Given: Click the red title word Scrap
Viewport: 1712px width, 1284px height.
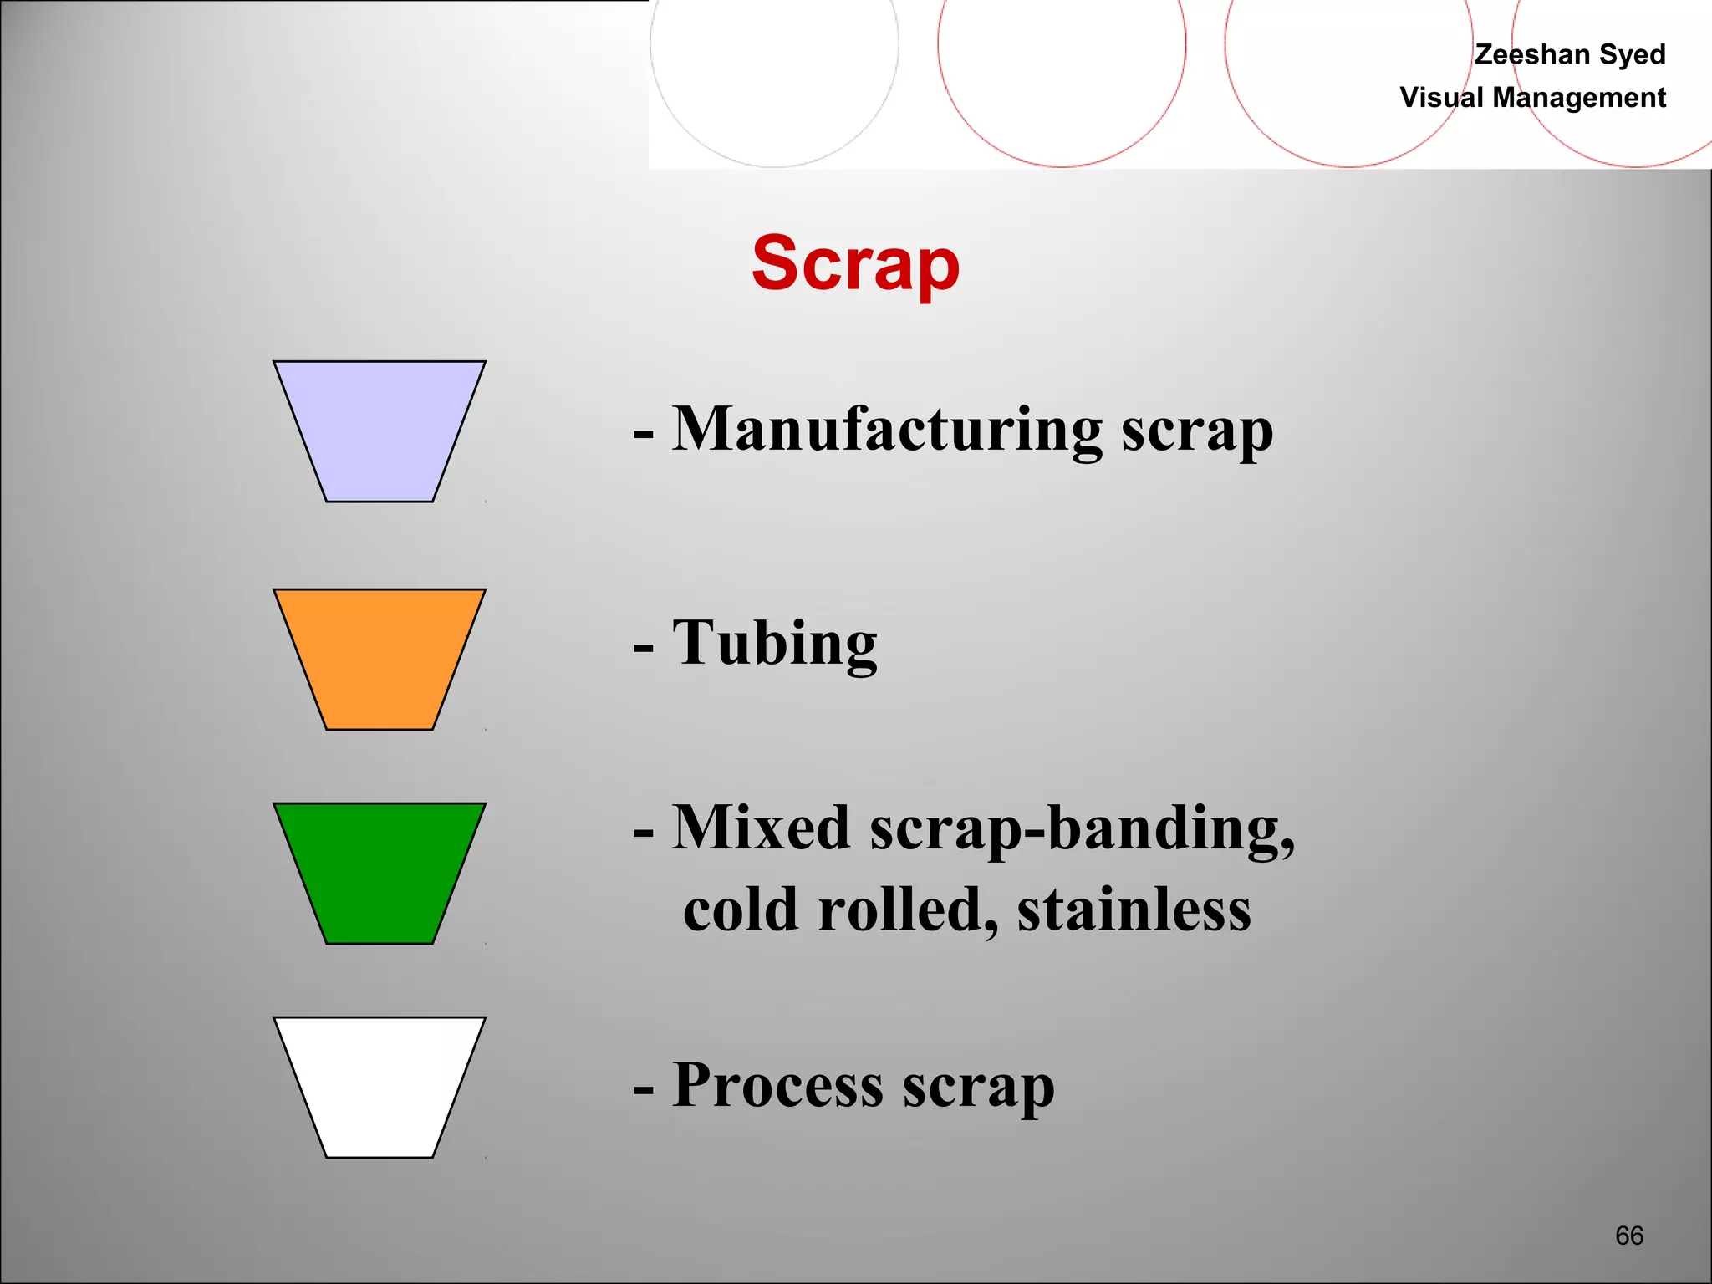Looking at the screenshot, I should (855, 263).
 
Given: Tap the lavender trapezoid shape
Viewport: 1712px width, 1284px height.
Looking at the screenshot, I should (380, 430).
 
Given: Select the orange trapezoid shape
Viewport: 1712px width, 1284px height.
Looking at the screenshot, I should (380, 658).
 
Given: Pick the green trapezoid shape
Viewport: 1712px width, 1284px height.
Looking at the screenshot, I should (380, 872).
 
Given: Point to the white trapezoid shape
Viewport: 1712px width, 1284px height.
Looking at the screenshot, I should (380, 1086).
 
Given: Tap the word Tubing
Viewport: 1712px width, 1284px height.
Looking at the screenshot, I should (775, 643).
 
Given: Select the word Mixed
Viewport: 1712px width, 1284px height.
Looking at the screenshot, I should (762, 828).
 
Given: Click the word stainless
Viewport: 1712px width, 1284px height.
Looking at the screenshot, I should (1134, 909).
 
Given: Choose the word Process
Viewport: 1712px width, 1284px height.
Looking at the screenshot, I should (777, 1085).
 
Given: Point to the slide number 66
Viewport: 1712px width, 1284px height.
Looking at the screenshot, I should (1629, 1236).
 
